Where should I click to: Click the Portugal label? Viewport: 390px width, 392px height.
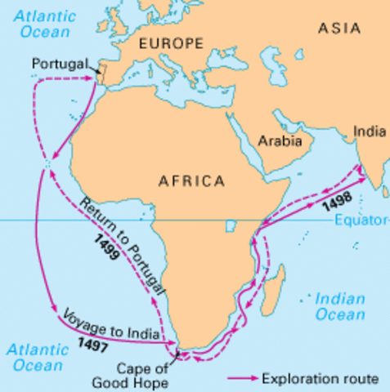58,64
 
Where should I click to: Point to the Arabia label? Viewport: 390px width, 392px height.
280,140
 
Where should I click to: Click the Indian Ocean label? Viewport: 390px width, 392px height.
340,307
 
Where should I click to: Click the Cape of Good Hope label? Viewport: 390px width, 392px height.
141,374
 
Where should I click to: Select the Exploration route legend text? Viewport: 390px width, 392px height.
319,379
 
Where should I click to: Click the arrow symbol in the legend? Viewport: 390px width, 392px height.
241,379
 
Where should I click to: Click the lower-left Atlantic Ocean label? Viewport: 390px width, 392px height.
36,357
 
